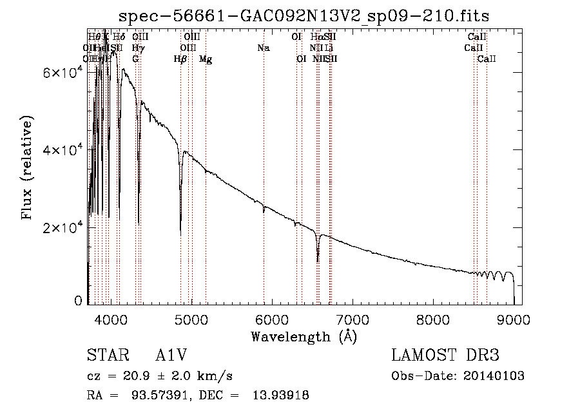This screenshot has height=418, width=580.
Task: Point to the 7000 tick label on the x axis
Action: [353, 319]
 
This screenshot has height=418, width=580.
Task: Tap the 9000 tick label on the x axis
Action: [514, 319]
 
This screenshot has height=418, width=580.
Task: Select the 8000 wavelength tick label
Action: [433, 319]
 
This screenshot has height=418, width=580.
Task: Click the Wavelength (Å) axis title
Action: [304, 336]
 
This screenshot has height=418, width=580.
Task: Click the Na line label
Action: [263, 48]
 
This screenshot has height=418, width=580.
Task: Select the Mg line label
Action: [206, 59]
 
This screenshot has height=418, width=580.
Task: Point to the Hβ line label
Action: [180, 59]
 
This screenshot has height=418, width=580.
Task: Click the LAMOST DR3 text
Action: [445, 356]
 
